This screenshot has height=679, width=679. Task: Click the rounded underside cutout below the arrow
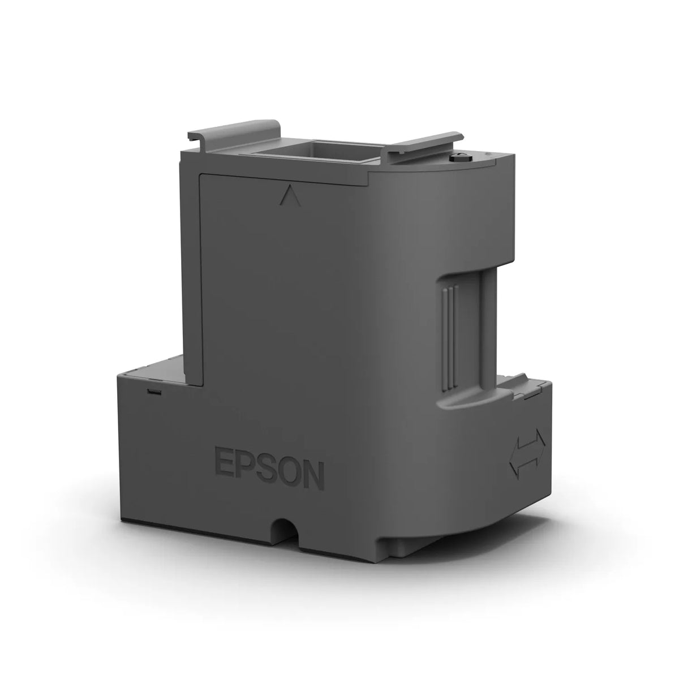point(509,526)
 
